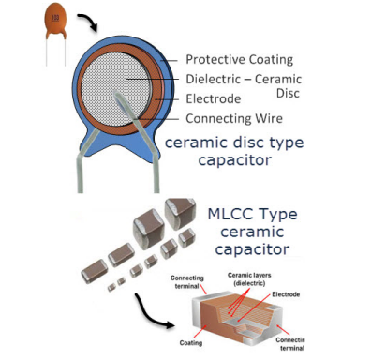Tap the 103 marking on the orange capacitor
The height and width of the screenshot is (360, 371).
pyautogui.click(x=55, y=18)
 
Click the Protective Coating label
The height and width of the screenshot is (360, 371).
pyautogui.click(x=240, y=59)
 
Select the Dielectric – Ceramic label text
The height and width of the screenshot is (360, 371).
pyautogui.click(x=244, y=79)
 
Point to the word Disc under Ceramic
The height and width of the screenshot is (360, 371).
pyautogui.click(x=288, y=93)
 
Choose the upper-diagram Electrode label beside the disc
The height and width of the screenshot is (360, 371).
pyautogui.click(x=214, y=98)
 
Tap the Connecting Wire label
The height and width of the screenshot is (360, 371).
pyautogui.click(x=234, y=119)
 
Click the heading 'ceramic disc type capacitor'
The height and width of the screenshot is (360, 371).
pyautogui.click(x=234, y=151)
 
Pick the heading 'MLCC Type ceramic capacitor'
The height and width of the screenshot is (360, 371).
pyautogui.click(x=252, y=232)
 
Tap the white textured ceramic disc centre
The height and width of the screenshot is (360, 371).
pyautogui.click(x=114, y=89)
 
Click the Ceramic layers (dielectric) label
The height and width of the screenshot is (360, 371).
pyautogui.click(x=249, y=279)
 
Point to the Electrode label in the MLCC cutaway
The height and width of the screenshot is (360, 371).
pyautogui.click(x=286, y=294)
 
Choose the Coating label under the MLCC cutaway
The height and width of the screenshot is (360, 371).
pyautogui.click(x=191, y=343)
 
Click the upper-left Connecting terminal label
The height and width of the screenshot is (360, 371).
pyautogui.click(x=187, y=282)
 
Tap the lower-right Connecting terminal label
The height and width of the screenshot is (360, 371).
pyautogui.click(x=290, y=344)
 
